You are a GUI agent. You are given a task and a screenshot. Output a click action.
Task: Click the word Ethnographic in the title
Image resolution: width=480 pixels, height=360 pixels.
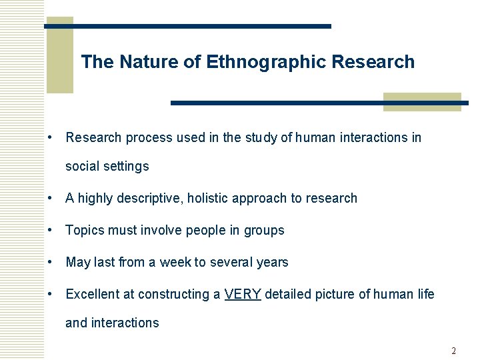point(266,63)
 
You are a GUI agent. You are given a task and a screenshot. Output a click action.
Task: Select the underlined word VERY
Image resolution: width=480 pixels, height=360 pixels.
point(243,294)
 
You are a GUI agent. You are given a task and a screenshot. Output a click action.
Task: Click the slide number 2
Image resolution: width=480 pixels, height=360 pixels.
point(453,351)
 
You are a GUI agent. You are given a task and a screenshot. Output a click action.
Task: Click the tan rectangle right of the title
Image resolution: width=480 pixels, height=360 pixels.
point(422,102)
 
